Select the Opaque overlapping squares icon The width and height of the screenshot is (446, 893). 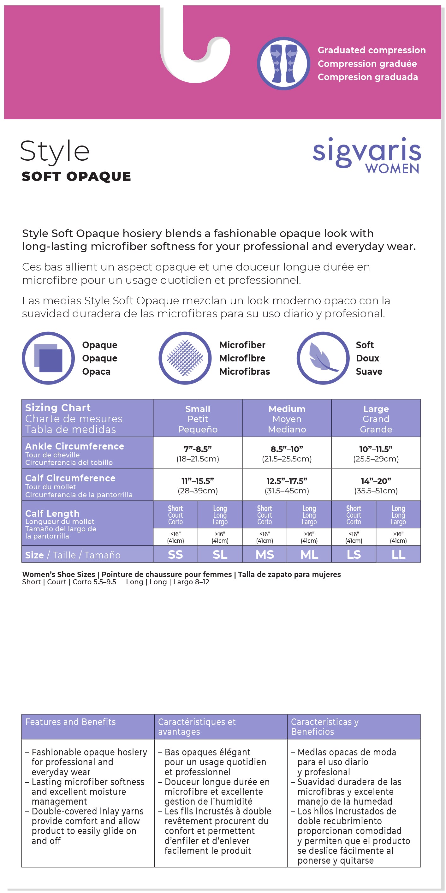coord(48,358)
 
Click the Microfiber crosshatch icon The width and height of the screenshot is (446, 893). coord(185,358)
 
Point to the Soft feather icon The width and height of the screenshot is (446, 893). coord(323,358)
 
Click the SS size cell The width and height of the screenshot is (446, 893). coord(175,554)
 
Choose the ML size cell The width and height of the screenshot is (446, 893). coord(309,554)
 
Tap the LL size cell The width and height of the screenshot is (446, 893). coord(398,554)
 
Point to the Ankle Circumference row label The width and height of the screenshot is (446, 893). coord(74,446)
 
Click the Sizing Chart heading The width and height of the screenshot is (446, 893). coord(58,408)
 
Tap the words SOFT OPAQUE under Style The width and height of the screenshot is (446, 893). coord(76,176)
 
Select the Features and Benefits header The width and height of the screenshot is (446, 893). coord(70,722)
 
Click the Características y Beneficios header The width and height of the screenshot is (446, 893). coord(325,727)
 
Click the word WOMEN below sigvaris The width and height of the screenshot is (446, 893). coord(392,169)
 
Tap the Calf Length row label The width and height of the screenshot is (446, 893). coord(52,513)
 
